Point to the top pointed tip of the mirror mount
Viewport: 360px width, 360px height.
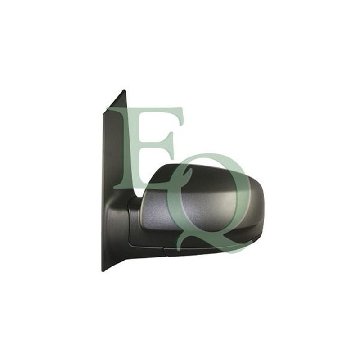point(124,90)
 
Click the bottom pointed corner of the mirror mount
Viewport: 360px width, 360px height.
point(103,271)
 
